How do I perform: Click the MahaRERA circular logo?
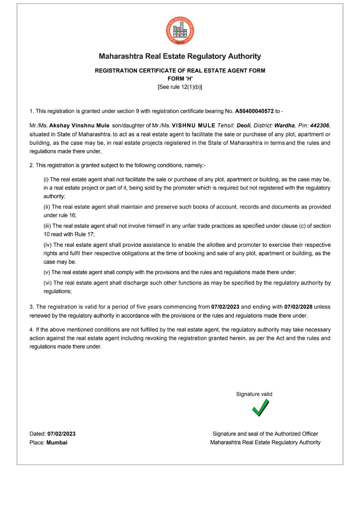[x=180, y=30]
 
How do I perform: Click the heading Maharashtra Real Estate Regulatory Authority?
[x=180, y=56]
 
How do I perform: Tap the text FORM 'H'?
[x=180, y=79]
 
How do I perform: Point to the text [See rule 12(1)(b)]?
[x=180, y=87]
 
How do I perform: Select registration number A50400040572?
[x=254, y=111]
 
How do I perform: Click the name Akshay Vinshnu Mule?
[x=79, y=126]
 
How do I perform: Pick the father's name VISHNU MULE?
[x=194, y=126]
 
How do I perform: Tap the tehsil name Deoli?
[x=244, y=126]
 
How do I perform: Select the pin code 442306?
[x=319, y=126]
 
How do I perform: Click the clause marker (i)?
[x=46, y=180]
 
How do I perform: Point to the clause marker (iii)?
[x=47, y=226]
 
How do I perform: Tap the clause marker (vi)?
[x=47, y=283]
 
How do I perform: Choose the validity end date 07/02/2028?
[x=298, y=307]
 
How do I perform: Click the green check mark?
[x=260, y=408]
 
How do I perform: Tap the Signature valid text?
[x=254, y=394]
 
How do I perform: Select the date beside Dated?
[x=61, y=434]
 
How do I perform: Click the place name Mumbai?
[x=57, y=442]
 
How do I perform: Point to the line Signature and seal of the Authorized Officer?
[x=265, y=434]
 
